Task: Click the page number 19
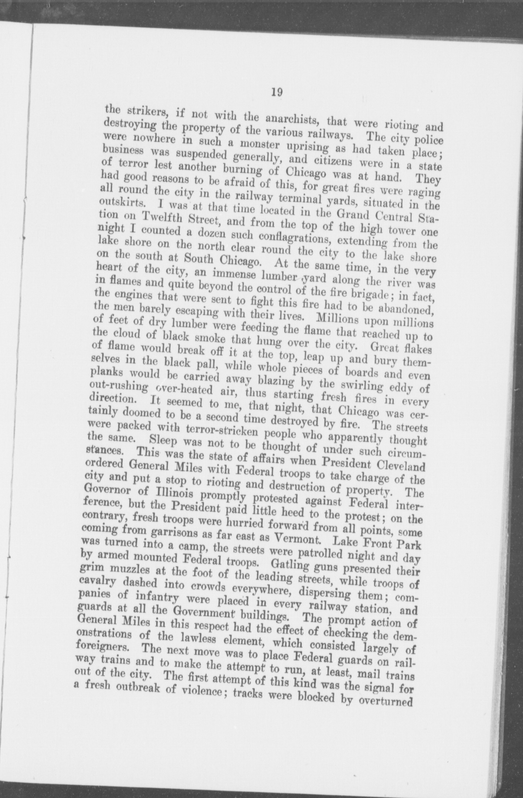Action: (x=277, y=92)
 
